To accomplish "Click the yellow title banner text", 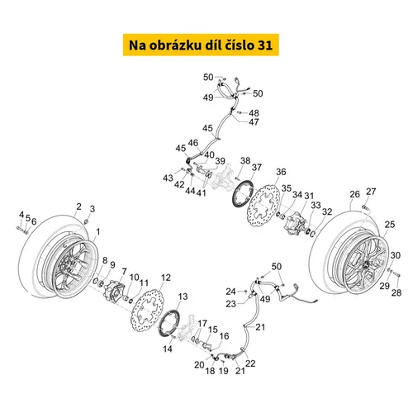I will (x=206, y=43).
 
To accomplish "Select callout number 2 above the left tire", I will (x=78, y=206).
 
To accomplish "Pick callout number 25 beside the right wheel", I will (x=390, y=224).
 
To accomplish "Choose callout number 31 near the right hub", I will (x=311, y=196).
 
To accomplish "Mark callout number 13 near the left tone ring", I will (x=183, y=296).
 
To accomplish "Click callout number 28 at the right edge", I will (x=396, y=292).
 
